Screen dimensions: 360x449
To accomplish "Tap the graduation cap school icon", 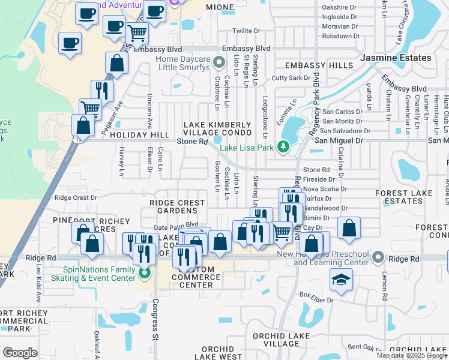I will [341, 280].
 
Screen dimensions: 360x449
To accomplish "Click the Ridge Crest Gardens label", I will [177, 207].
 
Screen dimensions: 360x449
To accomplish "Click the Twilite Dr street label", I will [247, 31].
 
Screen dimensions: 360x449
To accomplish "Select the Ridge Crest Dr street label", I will [75, 197].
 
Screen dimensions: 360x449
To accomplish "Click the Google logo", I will [20, 352].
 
